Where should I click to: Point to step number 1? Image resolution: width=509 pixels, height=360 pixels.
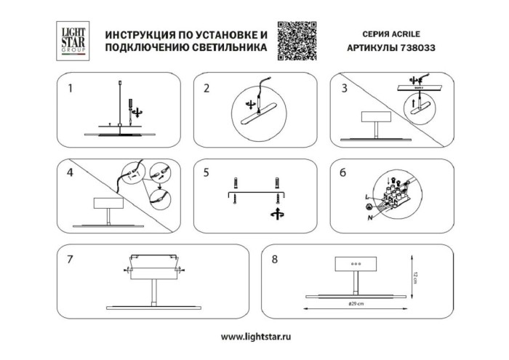click(x=70, y=89)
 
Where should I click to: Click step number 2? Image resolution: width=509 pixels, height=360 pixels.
click(x=207, y=89)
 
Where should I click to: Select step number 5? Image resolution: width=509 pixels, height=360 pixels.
click(x=207, y=173)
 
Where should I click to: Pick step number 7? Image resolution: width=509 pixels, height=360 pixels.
click(x=70, y=258)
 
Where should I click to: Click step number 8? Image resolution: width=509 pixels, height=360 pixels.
click(x=274, y=258)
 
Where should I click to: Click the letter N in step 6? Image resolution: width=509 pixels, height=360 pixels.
click(x=370, y=217)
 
